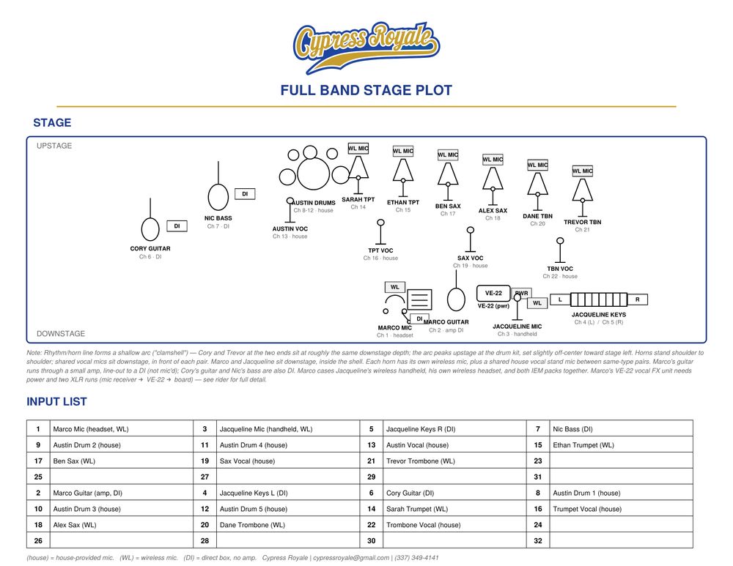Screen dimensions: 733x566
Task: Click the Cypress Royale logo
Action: point(366,48)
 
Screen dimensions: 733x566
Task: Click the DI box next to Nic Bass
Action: point(245,194)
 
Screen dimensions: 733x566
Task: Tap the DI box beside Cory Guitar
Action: point(177,226)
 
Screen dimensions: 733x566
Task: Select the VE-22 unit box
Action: point(493,294)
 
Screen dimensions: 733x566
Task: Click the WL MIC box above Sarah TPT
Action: point(358,149)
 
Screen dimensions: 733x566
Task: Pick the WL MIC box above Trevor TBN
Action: point(583,171)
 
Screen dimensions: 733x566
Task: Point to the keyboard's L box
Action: point(560,299)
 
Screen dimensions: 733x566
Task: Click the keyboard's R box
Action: point(637,299)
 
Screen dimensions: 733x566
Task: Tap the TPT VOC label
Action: point(380,250)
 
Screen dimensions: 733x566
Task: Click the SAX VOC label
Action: point(471,258)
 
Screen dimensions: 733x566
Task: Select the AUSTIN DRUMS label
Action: point(314,203)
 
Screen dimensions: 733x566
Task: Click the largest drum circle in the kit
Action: point(314,174)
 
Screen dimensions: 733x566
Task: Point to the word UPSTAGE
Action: point(54,146)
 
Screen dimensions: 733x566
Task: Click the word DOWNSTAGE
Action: point(61,333)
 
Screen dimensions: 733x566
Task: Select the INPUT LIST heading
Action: point(56,401)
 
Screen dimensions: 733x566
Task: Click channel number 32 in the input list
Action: point(538,541)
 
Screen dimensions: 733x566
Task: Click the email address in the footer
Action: point(351,558)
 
